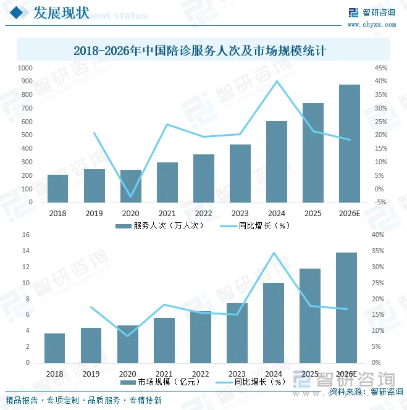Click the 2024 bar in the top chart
pyautogui.click(x=277, y=161)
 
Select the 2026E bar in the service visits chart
pyautogui.click(x=350, y=143)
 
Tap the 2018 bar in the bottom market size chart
pyautogui.click(x=54, y=348)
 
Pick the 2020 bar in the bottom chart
pyautogui.click(x=127, y=344)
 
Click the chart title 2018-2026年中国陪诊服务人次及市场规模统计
pyautogui.click(x=203, y=50)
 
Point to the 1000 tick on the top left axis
pyautogui.click(x=25, y=68)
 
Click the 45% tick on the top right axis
pyautogui.click(x=380, y=68)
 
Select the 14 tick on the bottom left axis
pyautogui.click(x=26, y=251)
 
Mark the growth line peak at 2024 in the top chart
pyautogui.click(x=277, y=81)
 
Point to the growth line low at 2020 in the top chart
pyautogui.click(x=130, y=196)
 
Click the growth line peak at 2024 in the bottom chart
pyautogui.click(x=274, y=253)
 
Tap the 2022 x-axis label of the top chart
pyautogui.click(x=203, y=213)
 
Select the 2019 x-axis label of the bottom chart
pyautogui.click(x=91, y=374)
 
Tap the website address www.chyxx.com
pyautogui.click(x=371, y=25)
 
